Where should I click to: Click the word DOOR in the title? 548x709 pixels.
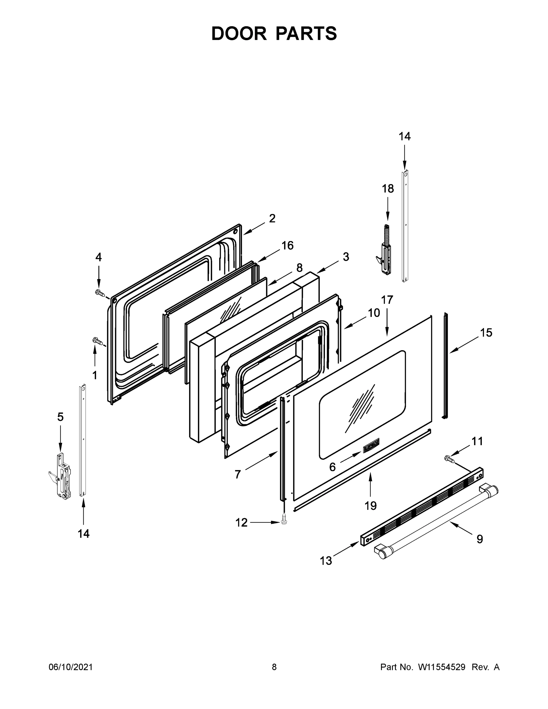[239, 33]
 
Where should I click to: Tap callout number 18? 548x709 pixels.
[388, 188]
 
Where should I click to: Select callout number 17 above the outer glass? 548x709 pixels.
[387, 300]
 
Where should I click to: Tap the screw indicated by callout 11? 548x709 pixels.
[449, 458]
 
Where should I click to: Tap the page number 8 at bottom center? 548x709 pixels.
[274, 667]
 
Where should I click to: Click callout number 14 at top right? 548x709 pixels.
[404, 137]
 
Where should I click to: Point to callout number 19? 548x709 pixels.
[370, 505]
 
